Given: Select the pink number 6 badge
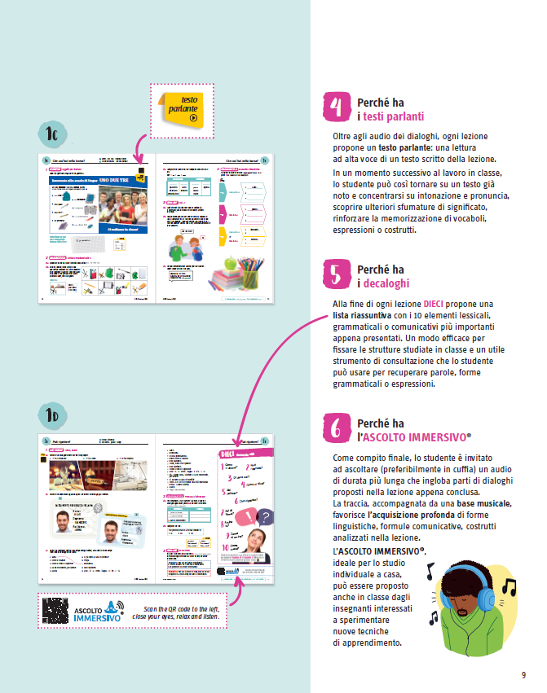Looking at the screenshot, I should click(x=337, y=429).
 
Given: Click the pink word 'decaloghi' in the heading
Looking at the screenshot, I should click(x=386, y=283).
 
